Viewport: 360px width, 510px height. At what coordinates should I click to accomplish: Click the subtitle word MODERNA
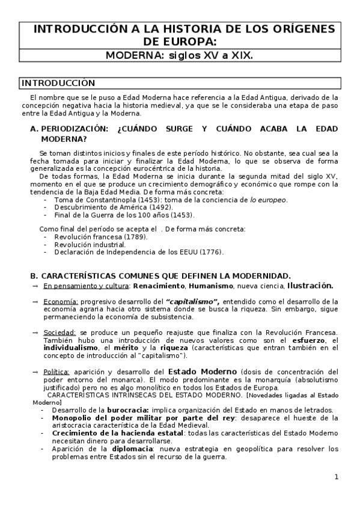(132, 55)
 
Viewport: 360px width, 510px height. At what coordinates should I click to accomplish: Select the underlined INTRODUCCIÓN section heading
(58, 83)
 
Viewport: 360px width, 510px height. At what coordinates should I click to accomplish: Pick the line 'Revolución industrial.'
(90, 245)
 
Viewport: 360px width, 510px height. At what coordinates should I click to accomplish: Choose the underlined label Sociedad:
(60, 333)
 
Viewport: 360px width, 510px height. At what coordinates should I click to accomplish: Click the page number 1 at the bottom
(337, 478)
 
